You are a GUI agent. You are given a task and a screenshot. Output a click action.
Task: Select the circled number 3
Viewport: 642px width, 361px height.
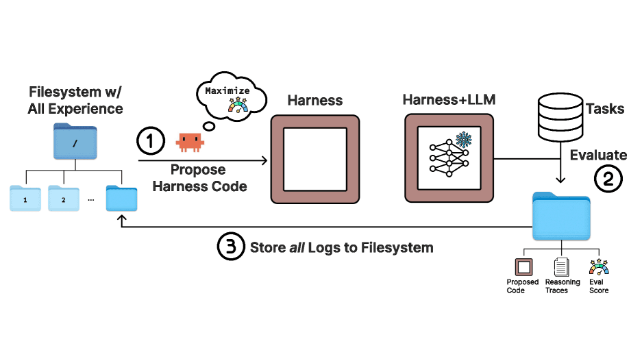click(232, 247)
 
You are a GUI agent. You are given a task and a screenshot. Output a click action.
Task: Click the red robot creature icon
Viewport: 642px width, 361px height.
click(190, 142)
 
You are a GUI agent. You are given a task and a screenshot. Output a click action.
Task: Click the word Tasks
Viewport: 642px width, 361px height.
click(606, 108)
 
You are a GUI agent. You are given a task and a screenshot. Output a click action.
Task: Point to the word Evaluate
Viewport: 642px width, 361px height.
click(598, 155)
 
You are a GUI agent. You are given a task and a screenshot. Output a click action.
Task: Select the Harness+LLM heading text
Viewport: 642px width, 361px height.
click(449, 101)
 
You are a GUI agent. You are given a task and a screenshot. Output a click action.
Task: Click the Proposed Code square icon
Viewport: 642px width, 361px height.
click(523, 266)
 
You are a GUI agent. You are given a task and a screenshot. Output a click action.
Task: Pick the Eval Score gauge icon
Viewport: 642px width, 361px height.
click(598, 266)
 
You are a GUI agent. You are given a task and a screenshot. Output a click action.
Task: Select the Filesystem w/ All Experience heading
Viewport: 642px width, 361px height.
click(75, 100)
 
